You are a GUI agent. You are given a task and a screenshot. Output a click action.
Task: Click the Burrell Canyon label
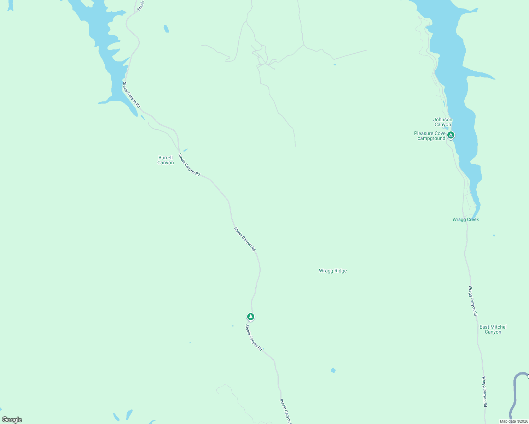point(165,160)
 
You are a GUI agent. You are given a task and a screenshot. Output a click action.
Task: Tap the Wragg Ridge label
point(333,271)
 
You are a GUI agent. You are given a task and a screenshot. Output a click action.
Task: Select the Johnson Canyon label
point(443,122)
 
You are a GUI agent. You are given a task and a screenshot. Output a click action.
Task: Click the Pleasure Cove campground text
point(430,136)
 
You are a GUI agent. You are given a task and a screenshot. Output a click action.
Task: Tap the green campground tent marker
point(451,135)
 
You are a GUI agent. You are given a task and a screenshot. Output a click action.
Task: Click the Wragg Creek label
point(466,220)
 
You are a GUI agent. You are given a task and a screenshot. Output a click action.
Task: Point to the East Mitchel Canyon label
point(493,330)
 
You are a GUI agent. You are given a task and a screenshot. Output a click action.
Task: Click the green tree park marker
point(251,316)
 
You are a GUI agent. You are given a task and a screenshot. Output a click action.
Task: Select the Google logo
point(12,420)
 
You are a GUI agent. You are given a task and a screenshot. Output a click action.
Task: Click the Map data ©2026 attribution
point(513,421)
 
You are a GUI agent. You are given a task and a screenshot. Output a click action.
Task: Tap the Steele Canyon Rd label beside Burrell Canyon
point(189,165)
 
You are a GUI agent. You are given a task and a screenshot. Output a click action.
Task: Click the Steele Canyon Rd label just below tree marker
point(254,338)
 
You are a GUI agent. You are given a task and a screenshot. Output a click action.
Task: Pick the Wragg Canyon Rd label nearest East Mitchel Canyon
point(473,301)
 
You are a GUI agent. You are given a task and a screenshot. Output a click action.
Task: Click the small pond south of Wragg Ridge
point(333,370)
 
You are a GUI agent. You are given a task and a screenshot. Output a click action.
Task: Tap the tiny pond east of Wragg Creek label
point(494,235)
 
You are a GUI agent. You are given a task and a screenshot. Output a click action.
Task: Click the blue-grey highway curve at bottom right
point(515,392)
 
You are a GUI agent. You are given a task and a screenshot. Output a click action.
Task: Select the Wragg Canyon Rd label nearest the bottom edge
point(484,391)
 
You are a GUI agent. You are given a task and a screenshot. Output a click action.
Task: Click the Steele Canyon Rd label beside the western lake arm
point(131,95)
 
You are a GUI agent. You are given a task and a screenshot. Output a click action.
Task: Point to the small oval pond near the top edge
point(166,29)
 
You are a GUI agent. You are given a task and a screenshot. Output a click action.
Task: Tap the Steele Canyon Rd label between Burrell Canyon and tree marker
point(245,239)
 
